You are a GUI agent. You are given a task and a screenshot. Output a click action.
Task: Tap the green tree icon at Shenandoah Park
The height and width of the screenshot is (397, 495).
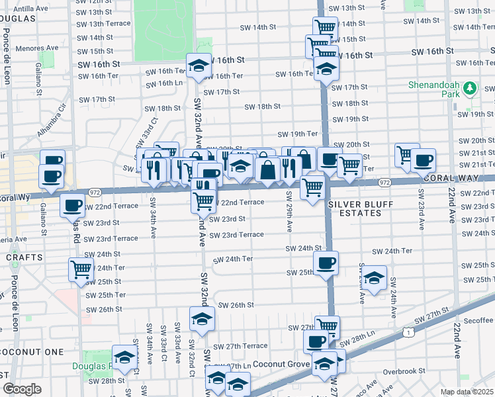pos(470,87)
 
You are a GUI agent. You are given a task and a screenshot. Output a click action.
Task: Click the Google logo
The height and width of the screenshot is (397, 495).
pos(21,389)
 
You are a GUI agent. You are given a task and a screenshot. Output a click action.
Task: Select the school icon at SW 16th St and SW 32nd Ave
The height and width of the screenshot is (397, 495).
pos(199,65)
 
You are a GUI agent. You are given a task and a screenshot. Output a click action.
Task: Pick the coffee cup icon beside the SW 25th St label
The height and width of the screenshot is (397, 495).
pos(326,263)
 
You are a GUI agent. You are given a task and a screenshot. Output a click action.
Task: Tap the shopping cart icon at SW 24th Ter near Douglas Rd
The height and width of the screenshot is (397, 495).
pos(81,269)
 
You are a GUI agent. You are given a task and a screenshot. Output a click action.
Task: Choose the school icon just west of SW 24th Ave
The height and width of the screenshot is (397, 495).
pos(374,278)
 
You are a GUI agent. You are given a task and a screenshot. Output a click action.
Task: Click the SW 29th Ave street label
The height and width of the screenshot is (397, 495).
pos(289,212)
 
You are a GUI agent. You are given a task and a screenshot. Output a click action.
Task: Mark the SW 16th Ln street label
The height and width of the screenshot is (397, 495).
pos(164,83)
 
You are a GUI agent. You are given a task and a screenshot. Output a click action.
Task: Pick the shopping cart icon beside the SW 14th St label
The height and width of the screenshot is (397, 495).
pos(325,28)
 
